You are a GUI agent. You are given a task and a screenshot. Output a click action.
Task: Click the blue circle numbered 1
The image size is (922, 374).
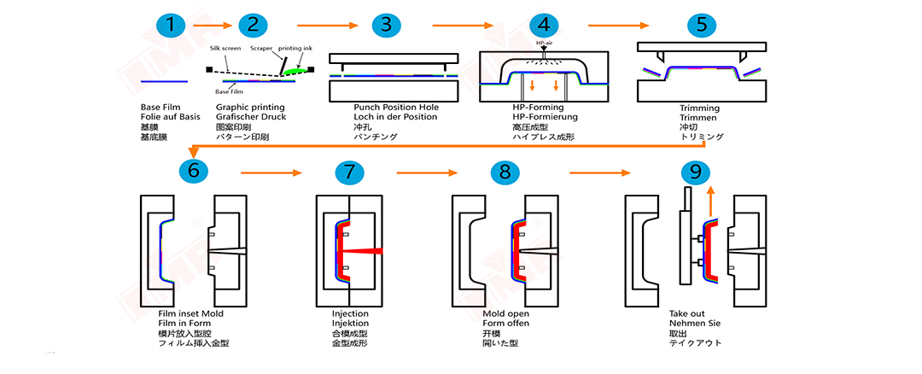tap(175, 25)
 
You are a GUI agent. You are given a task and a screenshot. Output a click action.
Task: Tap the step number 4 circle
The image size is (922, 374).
tap(540, 25)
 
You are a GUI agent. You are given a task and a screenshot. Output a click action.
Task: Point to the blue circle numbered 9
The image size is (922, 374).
tap(696, 171)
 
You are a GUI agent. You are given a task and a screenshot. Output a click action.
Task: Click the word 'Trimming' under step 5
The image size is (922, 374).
tap(699, 108)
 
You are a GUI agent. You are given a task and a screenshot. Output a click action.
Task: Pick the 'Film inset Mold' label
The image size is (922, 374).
tap(190, 314)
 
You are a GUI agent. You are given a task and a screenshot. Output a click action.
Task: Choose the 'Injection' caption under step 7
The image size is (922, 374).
tap(350, 314)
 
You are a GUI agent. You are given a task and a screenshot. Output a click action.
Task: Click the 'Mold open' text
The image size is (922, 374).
tap(506, 314)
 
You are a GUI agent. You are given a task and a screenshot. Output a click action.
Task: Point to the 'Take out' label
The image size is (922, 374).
tap(688, 314)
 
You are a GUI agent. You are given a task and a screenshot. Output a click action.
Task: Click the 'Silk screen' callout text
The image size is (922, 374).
tap(225, 50)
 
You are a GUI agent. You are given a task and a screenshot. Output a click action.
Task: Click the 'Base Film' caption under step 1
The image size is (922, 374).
tap(160, 108)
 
